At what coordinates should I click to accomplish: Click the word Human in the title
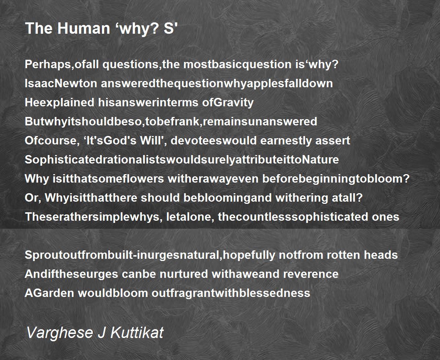click(x=84, y=28)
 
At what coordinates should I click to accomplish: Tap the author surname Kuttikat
click(x=137, y=333)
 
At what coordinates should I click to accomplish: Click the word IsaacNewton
click(x=61, y=84)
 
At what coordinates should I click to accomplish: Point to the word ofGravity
click(x=228, y=103)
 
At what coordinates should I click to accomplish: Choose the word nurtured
click(x=184, y=274)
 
